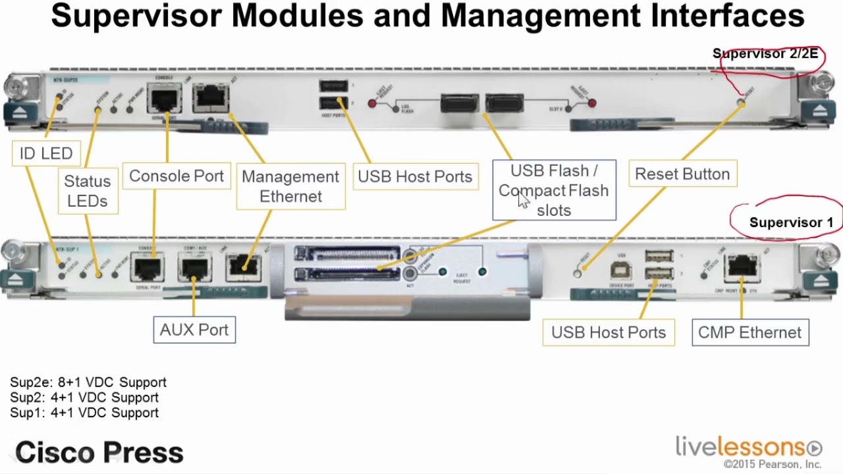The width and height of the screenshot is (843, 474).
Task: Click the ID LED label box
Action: [46, 153]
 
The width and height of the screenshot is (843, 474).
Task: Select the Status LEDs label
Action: [88, 191]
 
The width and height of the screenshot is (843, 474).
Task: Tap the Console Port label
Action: [176, 176]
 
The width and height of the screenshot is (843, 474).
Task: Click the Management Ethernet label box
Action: [290, 186]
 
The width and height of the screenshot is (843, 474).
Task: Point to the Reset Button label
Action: [682, 174]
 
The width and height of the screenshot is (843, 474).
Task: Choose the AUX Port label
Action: [194, 330]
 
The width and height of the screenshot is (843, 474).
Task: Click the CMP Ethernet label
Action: [749, 332]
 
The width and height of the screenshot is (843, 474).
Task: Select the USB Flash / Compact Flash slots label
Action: [554, 190]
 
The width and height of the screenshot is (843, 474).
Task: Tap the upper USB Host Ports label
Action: [415, 176]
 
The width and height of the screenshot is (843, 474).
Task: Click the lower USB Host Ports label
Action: [609, 332]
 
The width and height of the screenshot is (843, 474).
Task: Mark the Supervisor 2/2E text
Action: [765, 54]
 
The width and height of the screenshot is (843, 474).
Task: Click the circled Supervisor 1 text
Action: [790, 223]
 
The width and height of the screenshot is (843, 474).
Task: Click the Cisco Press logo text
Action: [99, 452]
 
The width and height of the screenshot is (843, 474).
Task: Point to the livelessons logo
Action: [748, 447]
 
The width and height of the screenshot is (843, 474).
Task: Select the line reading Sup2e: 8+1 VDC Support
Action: [88, 382]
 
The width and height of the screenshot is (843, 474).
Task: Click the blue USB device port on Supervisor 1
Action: [620, 270]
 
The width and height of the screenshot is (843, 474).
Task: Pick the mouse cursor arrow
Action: [523, 200]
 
